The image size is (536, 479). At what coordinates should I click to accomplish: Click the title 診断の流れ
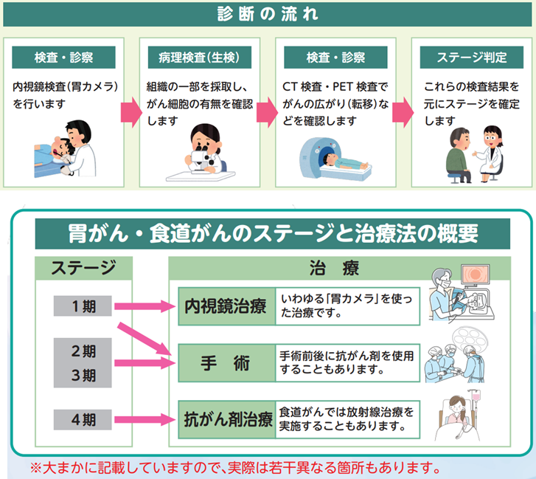tap(268, 14)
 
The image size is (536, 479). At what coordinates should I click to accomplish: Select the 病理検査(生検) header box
tap(200, 57)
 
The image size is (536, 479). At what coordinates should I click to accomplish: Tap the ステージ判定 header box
tap(472, 57)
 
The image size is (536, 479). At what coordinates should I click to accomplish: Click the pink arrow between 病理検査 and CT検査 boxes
tap(267, 112)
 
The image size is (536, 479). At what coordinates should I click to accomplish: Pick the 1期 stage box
tap(83, 306)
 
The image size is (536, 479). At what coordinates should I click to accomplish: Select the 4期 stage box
tap(83, 419)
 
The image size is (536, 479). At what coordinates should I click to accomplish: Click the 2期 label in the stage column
tap(83, 351)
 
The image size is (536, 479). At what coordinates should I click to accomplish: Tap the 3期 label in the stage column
tap(83, 376)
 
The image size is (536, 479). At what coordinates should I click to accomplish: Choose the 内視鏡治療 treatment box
tap(226, 306)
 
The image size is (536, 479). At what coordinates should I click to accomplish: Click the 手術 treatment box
tap(226, 363)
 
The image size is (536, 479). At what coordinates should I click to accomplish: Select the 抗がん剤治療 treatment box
tap(226, 419)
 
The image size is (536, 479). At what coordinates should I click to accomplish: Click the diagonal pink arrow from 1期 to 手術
tap(145, 339)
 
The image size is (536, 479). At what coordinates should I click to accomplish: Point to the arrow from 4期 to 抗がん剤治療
tap(145, 419)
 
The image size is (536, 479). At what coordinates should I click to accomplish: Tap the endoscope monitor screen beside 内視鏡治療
tap(475, 274)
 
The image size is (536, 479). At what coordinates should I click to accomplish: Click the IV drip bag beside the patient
tap(476, 397)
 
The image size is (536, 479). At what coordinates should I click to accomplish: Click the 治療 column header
tap(334, 268)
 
